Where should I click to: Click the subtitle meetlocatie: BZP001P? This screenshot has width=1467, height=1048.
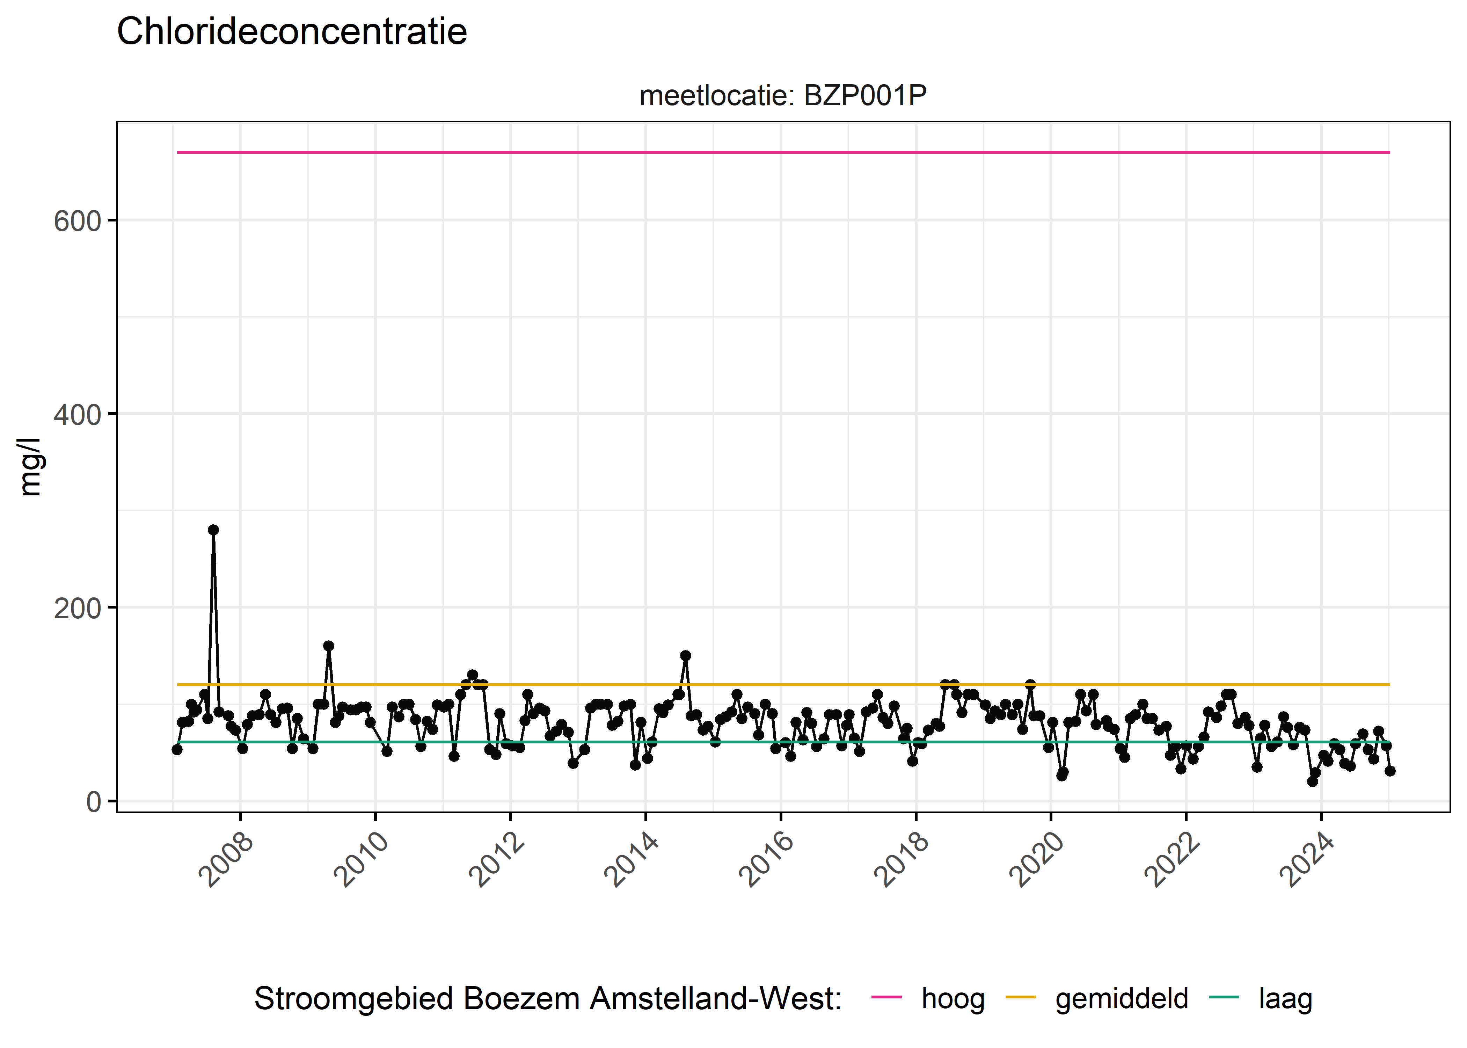coord(782,95)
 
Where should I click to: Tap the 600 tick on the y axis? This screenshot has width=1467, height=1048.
coord(78,221)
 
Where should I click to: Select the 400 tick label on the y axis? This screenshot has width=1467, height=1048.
coord(78,415)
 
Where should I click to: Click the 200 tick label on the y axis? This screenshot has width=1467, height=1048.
coord(78,609)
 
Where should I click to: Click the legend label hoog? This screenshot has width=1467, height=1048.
coord(953,998)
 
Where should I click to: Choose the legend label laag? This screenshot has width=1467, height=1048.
coord(1285,998)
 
